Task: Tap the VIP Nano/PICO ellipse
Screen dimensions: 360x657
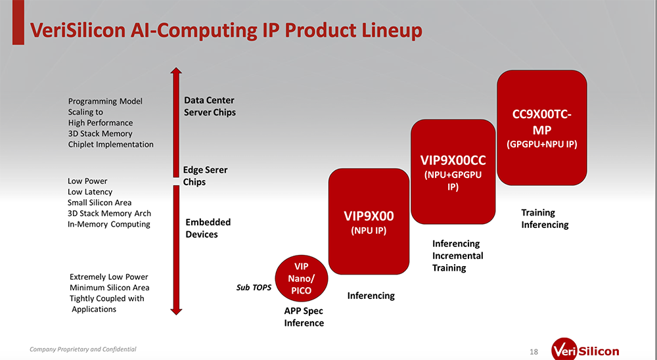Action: pyautogui.click(x=301, y=279)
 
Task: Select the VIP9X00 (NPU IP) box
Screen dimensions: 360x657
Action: pyautogui.click(x=369, y=221)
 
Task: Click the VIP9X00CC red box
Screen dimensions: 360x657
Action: pyautogui.click(x=452, y=171)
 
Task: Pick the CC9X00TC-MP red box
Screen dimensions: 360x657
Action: pyautogui.click(x=541, y=127)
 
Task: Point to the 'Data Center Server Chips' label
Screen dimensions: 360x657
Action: pyautogui.click(x=210, y=106)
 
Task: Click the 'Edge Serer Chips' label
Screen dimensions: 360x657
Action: pyautogui.click(x=205, y=175)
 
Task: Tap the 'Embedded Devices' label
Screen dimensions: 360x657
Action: pyautogui.click(x=208, y=228)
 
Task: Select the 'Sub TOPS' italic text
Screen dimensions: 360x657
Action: pyautogui.click(x=254, y=287)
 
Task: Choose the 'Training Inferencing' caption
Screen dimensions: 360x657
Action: pyautogui.click(x=544, y=218)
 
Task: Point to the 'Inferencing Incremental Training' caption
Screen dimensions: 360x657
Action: pyautogui.click(x=457, y=256)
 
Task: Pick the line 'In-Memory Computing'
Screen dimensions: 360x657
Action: pyautogui.click(x=108, y=224)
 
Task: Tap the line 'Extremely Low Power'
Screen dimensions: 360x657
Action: pyautogui.click(x=108, y=277)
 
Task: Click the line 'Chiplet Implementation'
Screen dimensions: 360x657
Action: pyautogui.click(x=110, y=144)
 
